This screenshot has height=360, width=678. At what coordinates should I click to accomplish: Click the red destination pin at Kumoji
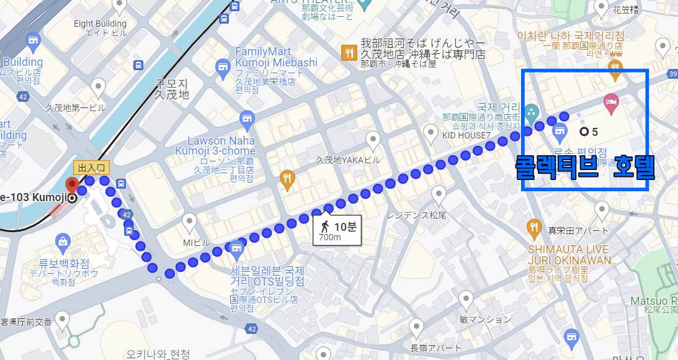click(72, 186)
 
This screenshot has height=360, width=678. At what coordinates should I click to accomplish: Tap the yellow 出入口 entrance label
click(91, 168)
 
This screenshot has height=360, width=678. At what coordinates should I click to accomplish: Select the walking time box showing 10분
click(335, 230)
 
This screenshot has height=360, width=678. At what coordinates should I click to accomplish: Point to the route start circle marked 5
click(584, 132)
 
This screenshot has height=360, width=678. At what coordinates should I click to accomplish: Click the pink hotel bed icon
click(611, 104)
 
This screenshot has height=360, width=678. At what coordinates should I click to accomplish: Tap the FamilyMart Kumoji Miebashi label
click(276, 56)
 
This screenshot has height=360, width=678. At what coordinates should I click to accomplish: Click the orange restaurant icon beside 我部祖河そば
click(349, 53)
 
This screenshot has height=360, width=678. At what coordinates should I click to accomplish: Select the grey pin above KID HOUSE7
click(431, 132)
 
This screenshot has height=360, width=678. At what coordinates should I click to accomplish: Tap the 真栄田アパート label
click(578, 230)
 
